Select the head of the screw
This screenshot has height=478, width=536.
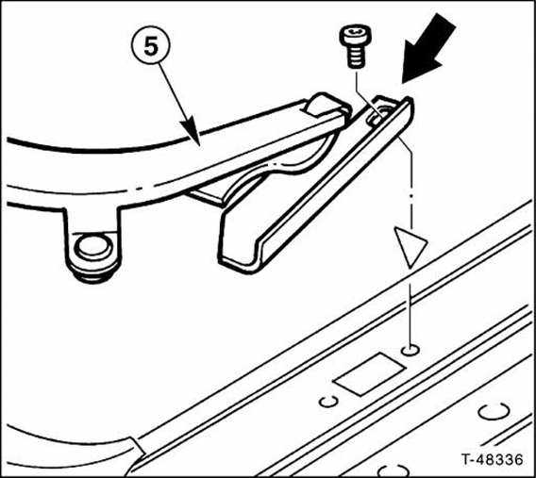[x=356, y=35]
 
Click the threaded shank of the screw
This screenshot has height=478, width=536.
[x=356, y=57]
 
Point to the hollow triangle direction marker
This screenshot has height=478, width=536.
[x=410, y=245]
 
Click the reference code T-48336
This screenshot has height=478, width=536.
[x=492, y=459]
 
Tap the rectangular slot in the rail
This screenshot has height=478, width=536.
[x=369, y=374]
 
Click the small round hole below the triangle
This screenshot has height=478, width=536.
[x=410, y=350]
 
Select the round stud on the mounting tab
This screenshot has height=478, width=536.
[x=93, y=246]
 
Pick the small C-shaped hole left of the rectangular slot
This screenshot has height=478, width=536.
[x=328, y=402]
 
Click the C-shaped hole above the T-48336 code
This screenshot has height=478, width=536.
[x=494, y=411]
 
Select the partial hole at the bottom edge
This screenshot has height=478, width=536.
[x=394, y=470]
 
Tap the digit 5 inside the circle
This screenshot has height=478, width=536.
[x=151, y=45]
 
